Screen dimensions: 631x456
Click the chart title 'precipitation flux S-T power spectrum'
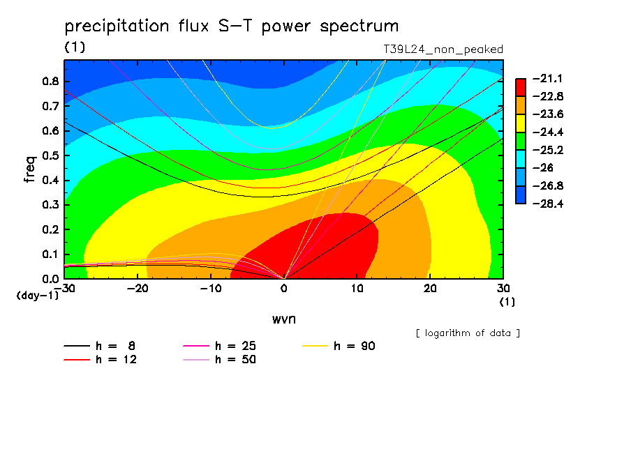[232, 26]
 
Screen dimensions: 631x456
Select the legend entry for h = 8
[99, 346]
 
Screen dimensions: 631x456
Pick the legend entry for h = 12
[101, 360]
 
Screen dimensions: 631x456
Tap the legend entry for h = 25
[219, 346]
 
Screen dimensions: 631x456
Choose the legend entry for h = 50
[219, 360]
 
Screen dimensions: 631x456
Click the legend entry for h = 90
[339, 346]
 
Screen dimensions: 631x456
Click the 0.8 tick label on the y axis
[50, 81]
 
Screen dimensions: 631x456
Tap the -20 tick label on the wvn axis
[138, 289]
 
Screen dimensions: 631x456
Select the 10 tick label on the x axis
[357, 289]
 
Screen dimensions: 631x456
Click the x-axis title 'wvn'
[284, 319]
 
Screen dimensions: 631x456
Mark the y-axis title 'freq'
[30, 169]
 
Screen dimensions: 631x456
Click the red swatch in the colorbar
[521, 87]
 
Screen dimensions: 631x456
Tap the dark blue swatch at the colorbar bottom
[521, 195]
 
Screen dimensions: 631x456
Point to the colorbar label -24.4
[548, 132]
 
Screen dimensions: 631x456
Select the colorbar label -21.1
[547, 78]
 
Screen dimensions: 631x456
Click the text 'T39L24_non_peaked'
[443, 50]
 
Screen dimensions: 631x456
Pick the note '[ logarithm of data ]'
[468, 333]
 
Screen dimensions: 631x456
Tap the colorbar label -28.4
[548, 204]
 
